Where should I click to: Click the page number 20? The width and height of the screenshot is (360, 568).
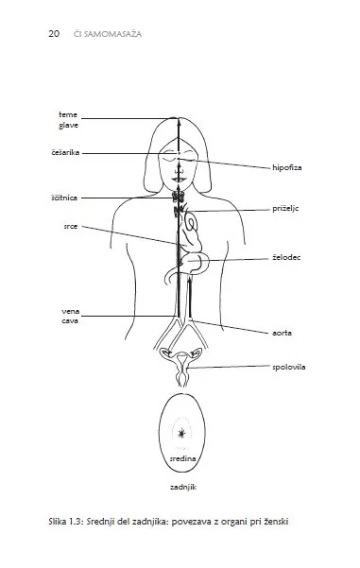(x=54, y=34)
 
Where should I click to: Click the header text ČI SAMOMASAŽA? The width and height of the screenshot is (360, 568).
(x=108, y=34)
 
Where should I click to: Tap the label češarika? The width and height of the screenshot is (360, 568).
(x=65, y=152)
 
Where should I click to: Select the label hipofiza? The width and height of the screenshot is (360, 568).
(x=287, y=167)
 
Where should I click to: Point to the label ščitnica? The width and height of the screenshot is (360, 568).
(x=64, y=198)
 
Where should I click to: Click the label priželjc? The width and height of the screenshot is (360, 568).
(x=285, y=209)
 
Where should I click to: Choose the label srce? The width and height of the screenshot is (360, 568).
(x=71, y=227)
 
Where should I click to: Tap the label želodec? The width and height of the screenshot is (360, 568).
(x=286, y=258)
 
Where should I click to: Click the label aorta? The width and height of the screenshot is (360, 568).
(x=282, y=333)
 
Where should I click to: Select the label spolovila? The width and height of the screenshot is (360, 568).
(x=288, y=367)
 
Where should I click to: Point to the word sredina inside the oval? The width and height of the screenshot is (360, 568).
(x=183, y=458)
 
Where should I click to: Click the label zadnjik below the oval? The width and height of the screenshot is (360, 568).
(x=183, y=488)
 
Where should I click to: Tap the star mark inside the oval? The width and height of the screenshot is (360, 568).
(x=181, y=433)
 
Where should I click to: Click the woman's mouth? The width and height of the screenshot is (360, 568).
(x=179, y=179)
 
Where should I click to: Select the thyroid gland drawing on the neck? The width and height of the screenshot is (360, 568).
(x=179, y=197)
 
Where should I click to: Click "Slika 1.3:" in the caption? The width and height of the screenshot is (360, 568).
(x=66, y=522)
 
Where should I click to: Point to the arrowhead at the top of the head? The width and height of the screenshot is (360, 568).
(x=179, y=122)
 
